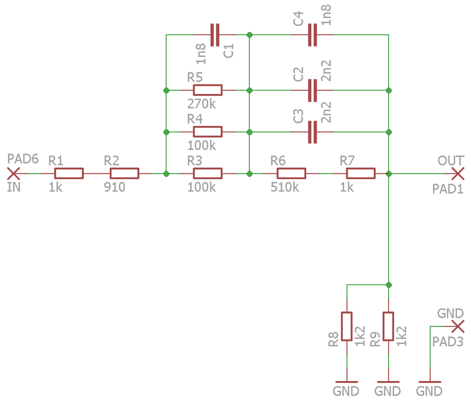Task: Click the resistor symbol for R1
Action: tap(69, 173)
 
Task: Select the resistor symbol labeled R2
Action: tap(124, 173)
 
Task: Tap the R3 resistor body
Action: tap(208, 173)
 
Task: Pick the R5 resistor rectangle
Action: tap(208, 90)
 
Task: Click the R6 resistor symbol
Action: tap(291, 173)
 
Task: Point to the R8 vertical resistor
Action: tap(347, 326)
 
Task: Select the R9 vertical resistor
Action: tap(389, 326)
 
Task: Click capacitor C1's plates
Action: tap(215, 35)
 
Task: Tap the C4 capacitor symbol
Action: tap(312, 35)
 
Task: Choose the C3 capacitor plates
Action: tap(312, 132)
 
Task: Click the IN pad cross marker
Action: tap(13, 173)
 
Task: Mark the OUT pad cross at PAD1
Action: tap(458, 173)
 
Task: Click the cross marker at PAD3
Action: tap(458, 326)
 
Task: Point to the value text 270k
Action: tap(202, 104)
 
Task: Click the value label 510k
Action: tap(285, 187)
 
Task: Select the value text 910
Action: tap(114, 187)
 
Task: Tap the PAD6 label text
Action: tap(23, 159)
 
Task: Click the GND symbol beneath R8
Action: tap(347, 382)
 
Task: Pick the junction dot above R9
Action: tap(389, 285)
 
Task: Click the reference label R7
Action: tap(347, 161)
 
